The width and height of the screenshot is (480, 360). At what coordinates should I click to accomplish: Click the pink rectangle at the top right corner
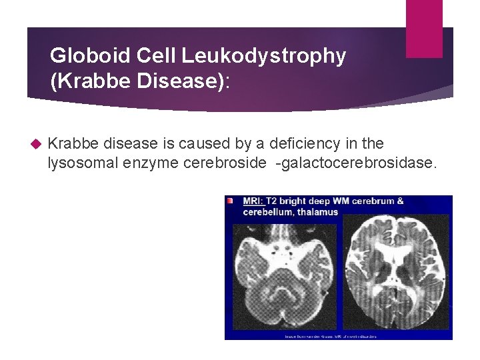424,28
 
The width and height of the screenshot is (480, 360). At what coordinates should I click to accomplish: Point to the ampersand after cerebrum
400,201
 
